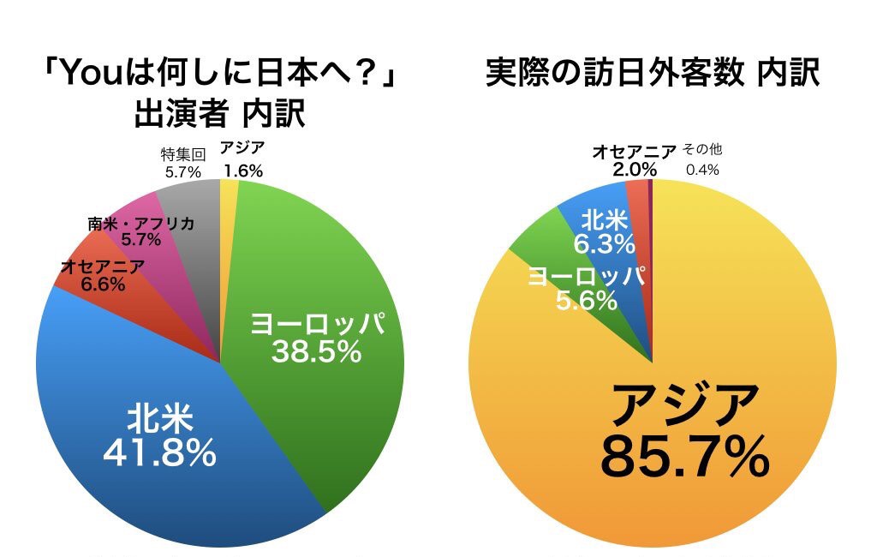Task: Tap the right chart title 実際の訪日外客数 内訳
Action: (653, 74)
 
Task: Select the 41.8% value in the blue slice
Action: (159, 454)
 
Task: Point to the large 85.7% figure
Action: (684, 458)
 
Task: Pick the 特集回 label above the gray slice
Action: (182, 155)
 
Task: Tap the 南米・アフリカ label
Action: (140, 224)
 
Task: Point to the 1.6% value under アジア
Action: (242, 171)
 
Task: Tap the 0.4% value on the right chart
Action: (701, 170)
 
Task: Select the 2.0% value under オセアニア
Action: (633, 169)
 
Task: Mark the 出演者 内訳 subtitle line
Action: (218, 113)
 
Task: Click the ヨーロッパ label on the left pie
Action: (317, 324)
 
